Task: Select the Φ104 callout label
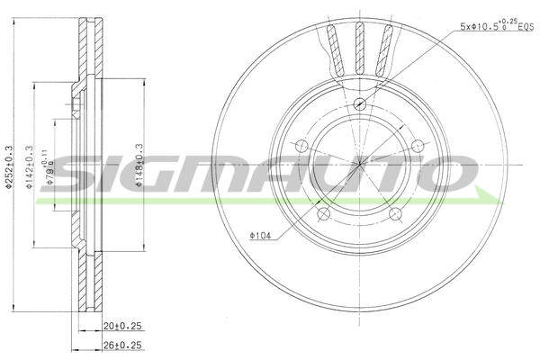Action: pyautogui.click(x=260, y=236)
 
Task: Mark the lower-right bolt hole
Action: pyautogui.click(x=397, y=215)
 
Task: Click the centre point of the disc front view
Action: pyautogui.click(x=360, y=164)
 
